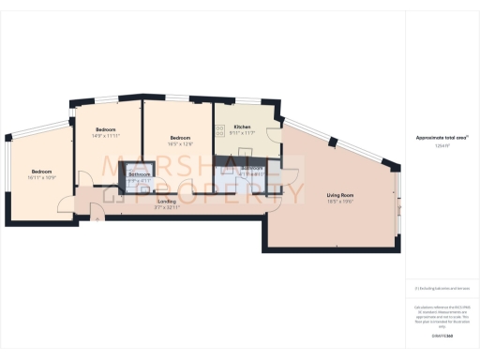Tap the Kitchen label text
coord(242,127)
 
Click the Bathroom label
coord(140,175)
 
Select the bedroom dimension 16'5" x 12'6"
coord(179,143)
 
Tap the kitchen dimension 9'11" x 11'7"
coord(242,133)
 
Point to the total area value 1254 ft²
coord(442,145)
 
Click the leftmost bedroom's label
coord(42,172)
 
